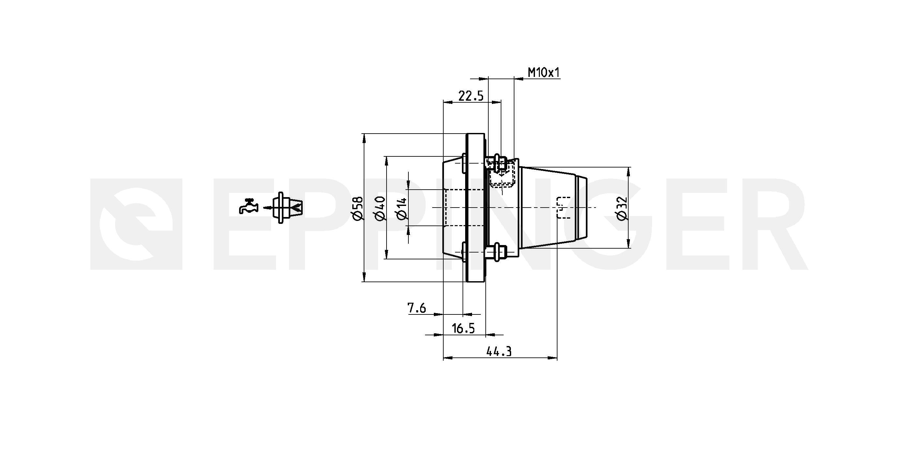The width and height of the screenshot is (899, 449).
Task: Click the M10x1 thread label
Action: point(543,73)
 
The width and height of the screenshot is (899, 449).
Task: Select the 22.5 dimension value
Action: point(471,96)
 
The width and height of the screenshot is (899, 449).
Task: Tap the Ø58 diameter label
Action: point(358,209)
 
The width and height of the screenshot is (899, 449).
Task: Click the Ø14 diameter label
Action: point(402,209)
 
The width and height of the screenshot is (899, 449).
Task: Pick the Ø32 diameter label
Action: point(622,209)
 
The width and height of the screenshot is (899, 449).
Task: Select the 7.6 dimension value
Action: point(417,308)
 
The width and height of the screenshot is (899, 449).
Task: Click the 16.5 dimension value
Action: point(463,328)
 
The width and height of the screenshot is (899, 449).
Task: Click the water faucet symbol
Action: point(248,206)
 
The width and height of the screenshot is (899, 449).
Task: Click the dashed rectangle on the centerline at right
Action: point(563,208)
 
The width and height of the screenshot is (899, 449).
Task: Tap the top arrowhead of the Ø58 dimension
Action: point(364,138)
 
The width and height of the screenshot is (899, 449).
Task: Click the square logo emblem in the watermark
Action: point(136,224)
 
